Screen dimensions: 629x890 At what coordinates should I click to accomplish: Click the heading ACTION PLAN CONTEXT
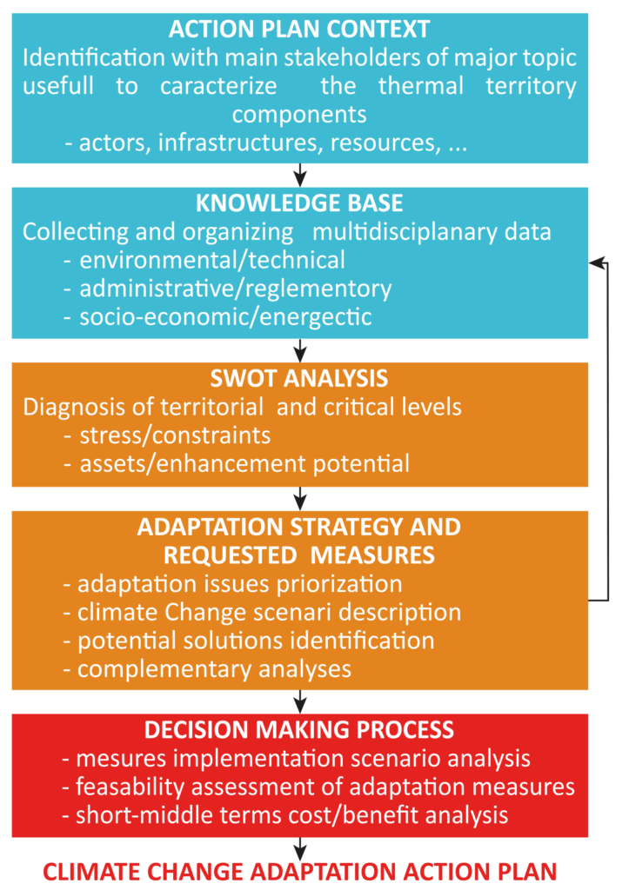pyautogui.click(x=299, y=30)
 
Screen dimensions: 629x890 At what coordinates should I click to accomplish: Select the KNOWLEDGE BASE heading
pyautogui.click(x=299, y=203)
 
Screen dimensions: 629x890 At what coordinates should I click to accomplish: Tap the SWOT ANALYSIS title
pyautogui.click(x=299, y=379)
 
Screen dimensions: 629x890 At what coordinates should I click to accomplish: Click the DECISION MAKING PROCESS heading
pyautogui.click(x=299, y=730)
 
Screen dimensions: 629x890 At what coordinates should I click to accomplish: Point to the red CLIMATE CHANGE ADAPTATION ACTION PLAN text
pyautogui.click(x=300, y=872)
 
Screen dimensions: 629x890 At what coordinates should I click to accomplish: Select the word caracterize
pyautogui.click(x=218, y=86)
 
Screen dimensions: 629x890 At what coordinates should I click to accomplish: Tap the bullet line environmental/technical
pyautogui.click(x=204, y=261)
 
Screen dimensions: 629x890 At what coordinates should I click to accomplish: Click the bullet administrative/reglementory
pyautogui.click(x=228, y=289)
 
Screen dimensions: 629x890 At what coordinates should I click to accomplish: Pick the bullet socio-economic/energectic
pyautogui.click(x=217, y=317)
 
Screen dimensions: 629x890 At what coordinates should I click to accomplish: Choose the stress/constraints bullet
pyautogui.click(x=167, y=436)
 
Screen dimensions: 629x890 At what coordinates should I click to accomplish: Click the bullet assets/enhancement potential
pyautogui.click(x=237, y=464)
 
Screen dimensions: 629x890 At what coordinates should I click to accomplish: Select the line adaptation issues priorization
pyautogui.click(x=232, y=584)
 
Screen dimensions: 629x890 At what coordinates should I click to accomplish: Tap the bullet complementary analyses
pyautogui.click(x=207, y=669)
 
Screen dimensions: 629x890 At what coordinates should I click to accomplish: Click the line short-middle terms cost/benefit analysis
pyautogui.click(x=284, y=815)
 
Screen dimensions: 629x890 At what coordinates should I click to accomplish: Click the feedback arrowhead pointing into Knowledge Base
pyautogui.click(x=596, y=262)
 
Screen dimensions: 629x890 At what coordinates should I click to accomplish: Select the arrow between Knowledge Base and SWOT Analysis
pyautogui.click(x=300, y=350)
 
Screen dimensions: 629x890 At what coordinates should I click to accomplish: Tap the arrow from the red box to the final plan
pyautogui.click(x=300, y=848)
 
